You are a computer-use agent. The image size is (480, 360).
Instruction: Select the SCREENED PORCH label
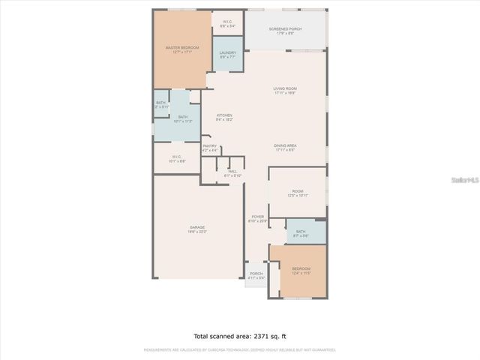[285, 31]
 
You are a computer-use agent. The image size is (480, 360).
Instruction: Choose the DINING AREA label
[285, 147]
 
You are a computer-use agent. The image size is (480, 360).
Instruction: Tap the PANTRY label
[210, 148]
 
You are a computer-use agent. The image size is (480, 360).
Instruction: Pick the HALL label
[233, 173]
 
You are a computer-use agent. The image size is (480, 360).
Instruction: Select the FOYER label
[257, 218]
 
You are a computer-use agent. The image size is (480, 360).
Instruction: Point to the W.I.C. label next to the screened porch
[227, 23]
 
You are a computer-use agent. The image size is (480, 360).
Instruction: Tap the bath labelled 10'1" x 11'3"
[183, 118]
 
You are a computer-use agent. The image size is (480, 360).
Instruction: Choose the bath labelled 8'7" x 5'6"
[301, 233]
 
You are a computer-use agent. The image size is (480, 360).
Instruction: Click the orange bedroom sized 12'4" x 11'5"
[300, 270]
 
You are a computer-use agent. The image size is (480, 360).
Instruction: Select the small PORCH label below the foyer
[256, 275]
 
